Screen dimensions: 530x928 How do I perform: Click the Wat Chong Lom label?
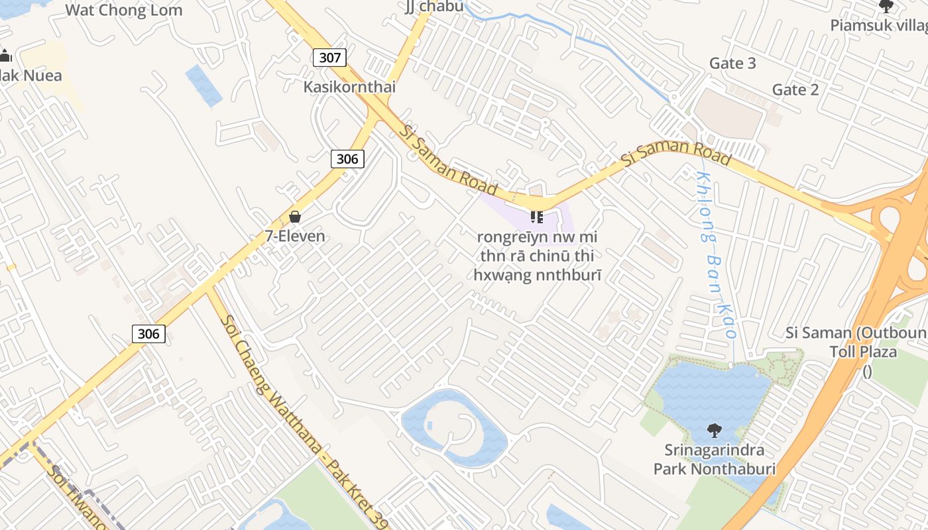pyautogui.click(x=124, y=10)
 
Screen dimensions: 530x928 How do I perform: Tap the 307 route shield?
pyautogui.click(x=329, y=58)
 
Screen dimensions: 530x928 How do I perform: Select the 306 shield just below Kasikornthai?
pyautogui.click(x=347, y=158)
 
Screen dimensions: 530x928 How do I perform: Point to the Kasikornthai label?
pyautogui.click(x=349, y=87)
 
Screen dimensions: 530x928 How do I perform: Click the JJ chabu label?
pyautogui.click(x=434, y=7)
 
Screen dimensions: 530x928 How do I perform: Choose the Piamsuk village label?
pyautogui.click(x=879, y=25)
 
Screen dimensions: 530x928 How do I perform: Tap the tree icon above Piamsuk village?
pyautogui.click(x=886, y=7)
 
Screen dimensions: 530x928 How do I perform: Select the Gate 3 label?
pyautogui.click(x=732, y=63)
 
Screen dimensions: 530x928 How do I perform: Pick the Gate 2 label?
pyautogui.click(x=795, y=89)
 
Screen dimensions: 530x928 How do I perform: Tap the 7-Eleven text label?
pyautogui.click(x=295, y=236)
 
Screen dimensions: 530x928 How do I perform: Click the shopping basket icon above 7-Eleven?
pyautogui.click(x=295, y=217)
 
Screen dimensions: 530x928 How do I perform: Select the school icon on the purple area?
pyautogui.click(x=537, y=217)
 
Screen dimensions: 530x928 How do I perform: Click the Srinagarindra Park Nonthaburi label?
pyautogui.click(x=715, y=460)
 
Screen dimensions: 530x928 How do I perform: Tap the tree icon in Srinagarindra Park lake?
pyautogui.click(x=714, y=431)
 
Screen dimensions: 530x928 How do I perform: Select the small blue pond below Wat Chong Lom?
pyautogui.click(x=203, y=85)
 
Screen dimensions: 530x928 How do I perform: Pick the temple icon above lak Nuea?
pyautogui.click(x=5, y=56)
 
